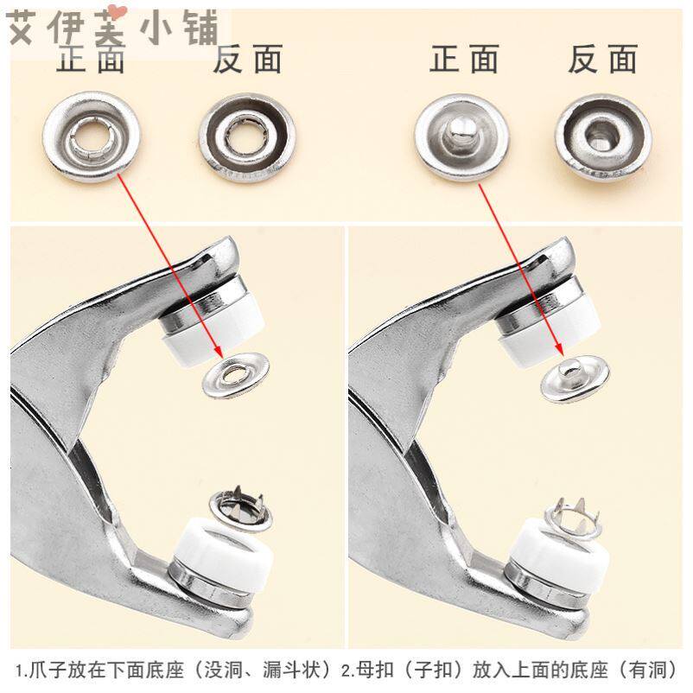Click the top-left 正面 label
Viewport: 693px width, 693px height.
click(91, 59)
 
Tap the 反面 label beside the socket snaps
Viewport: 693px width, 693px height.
click(247, 59)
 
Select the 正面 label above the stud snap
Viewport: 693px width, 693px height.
click(464, 59)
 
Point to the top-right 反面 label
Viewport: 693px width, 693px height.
click(603, 59)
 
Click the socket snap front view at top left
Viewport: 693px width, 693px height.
click(92, 137)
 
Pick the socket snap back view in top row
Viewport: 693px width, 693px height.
click(247, 138)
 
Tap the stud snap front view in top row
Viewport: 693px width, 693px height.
click(461, 137)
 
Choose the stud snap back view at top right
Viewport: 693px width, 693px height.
click(603, 138)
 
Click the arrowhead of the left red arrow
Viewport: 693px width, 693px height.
click(218, 353)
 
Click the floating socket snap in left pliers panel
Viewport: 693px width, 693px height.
click(236, 375)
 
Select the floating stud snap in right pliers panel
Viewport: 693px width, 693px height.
click(575, 378)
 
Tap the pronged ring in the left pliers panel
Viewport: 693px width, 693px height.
click(240, 510)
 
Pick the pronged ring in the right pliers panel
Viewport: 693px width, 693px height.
click(573, 518)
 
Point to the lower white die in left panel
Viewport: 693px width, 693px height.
click(223, 546)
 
